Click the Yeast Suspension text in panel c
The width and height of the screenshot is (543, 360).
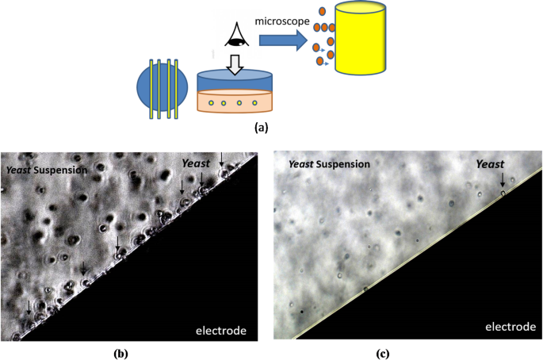[x=328, y=164]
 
